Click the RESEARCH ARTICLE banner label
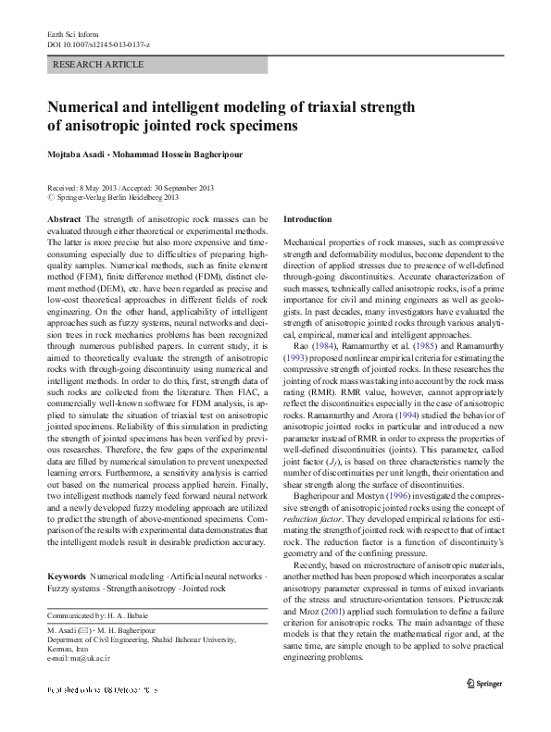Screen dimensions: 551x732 99,65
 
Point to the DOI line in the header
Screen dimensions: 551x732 97,44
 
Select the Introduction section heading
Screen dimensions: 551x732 307,219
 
